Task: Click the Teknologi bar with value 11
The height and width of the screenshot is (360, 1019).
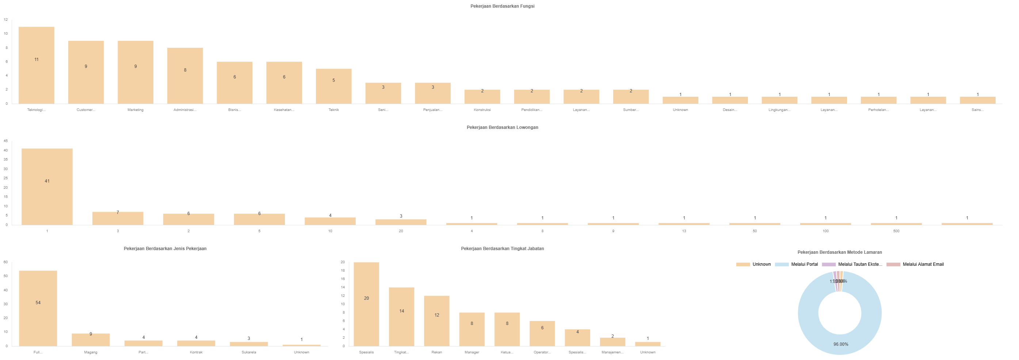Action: pos(37,65)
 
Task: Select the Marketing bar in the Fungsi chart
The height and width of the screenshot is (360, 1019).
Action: pos(135,72)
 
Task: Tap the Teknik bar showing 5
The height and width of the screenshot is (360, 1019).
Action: pos(333,86)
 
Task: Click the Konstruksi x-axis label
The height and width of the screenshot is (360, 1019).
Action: pos(482,110)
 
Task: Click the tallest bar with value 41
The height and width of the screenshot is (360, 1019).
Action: pos(47,187)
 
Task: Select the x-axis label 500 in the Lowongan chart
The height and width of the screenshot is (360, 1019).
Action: pos(896,231)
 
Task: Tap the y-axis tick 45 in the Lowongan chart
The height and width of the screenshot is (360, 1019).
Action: pos(5,141)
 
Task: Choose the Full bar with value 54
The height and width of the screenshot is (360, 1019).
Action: pos(38,308)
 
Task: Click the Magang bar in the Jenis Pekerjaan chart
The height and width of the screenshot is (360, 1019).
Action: pos(91,340)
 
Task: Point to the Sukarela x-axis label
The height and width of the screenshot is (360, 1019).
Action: pos(249,352)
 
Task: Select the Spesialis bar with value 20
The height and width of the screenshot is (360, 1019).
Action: pos(366,304)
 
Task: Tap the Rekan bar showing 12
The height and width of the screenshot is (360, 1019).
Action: pos(437,321)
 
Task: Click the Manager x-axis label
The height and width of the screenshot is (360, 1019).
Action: pos(472,352)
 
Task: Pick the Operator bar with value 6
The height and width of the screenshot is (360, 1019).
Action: pos(542,333)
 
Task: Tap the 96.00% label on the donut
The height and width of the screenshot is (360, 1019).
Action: pos(841,344)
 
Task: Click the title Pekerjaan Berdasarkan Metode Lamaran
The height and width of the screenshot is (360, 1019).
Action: pos(839,252)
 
